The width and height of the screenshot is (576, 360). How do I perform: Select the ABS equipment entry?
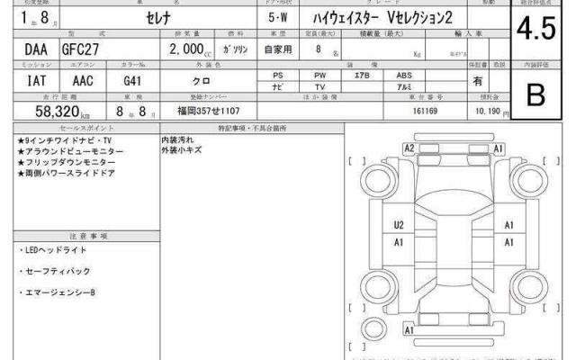click(405, 76)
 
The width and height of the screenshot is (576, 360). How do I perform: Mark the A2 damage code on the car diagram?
click(409, 148)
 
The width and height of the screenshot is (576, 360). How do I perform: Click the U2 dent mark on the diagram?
click(398, 225)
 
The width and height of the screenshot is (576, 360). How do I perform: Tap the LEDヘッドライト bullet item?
click(54, 248)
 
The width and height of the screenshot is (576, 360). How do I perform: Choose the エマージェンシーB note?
click(58, 293)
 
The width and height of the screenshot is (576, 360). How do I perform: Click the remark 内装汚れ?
click(176, 142)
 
